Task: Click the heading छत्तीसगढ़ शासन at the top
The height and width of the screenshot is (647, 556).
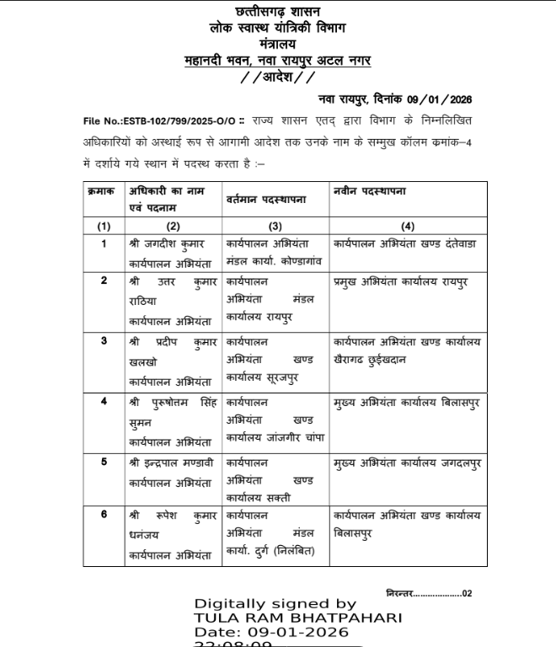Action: coord(278,12)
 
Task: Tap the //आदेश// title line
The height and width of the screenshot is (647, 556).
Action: coord(278,78)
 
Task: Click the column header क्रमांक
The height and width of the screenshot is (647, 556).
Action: coord(101,193)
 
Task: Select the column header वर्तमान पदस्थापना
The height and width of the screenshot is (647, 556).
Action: coord(265,199)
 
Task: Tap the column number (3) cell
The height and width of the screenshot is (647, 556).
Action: coord(275,226)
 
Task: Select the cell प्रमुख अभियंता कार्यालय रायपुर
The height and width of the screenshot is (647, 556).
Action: coord(401,281)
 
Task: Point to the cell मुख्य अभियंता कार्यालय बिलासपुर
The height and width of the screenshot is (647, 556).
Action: coord(407,402)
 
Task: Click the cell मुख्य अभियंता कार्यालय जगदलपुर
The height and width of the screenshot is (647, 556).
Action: coord(407,463)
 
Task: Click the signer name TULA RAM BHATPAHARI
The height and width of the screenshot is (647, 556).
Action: coord(297,618)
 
